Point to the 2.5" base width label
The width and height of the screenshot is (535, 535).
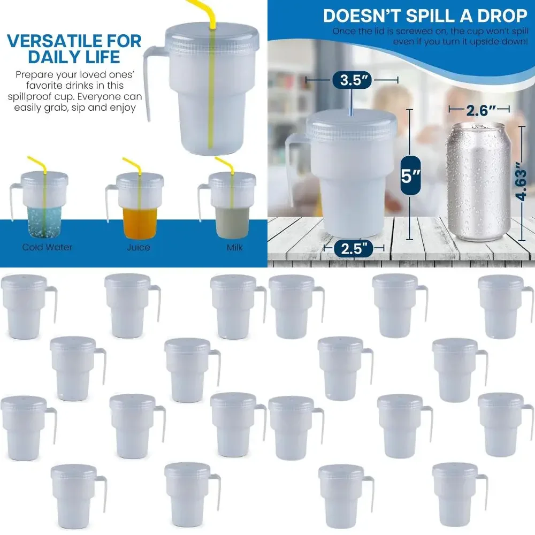click(354, 248)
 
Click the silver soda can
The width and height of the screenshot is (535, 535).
click(478, 182)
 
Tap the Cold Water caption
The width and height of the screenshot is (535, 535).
click(47, 247)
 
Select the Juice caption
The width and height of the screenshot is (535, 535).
click(139, 247)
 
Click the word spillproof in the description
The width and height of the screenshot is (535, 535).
click(38, 97)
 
